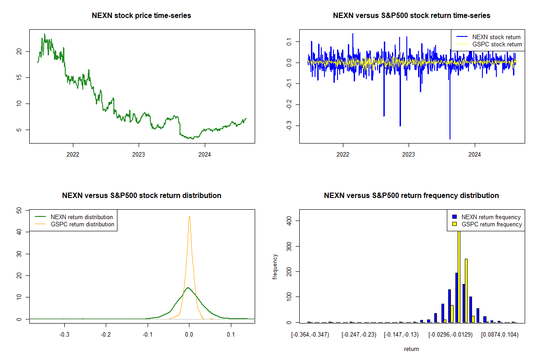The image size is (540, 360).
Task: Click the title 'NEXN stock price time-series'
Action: tap(141, 16)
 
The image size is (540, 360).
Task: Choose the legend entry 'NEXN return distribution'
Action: tap(81, 217)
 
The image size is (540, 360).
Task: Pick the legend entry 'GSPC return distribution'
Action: tap(82, 224)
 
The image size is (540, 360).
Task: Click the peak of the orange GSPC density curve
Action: tap(189, 216)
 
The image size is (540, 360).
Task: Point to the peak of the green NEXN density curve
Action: tap(188, 288)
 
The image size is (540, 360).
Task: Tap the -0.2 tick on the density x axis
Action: tap(106, 335)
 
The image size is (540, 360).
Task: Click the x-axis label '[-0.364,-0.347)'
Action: tap(310, 335)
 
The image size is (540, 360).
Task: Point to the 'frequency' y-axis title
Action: tap(275, 266)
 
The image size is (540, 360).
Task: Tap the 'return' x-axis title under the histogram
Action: tap(411, 349)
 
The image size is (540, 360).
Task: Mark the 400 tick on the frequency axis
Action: tap(288, 220)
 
